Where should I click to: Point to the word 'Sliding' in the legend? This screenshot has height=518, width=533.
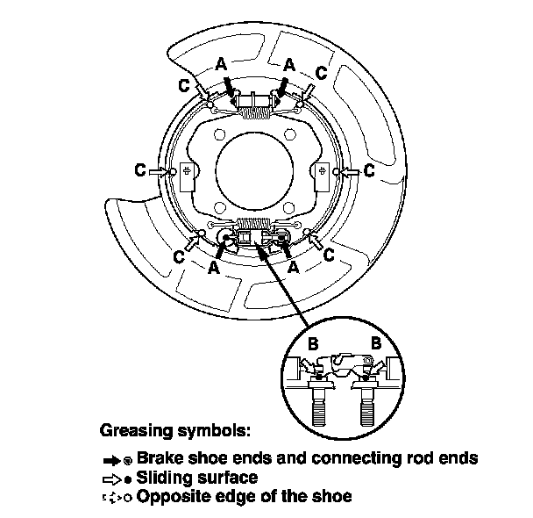[x=163, y=478]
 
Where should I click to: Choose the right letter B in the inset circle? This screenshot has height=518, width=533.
[x=377, y=344]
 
